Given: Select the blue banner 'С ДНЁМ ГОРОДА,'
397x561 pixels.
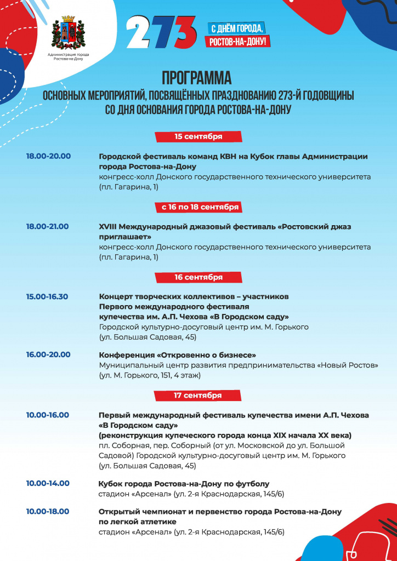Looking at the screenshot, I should [x=237, y=28].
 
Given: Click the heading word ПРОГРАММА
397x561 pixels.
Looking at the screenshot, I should [x=196, y=76].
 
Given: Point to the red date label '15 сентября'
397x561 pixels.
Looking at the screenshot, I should [x=198, y=136].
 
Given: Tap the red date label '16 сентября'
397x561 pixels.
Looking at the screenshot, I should [x=198, y=277].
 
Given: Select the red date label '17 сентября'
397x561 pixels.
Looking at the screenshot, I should [x=198, y=395].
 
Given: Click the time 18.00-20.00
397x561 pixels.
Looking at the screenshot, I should [x=48, y=156].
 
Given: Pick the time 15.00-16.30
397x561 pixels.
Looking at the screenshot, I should [x=47, y=296].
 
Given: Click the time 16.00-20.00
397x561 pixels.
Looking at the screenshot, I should [x=48, y=354].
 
